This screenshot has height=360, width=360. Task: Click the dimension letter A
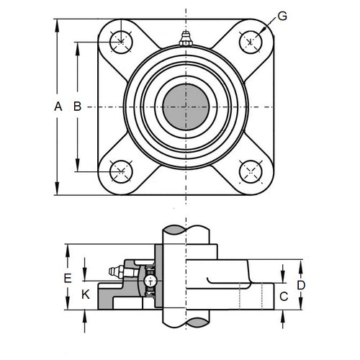58,107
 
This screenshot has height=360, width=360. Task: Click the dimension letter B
77,107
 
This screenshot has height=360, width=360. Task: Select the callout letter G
282,16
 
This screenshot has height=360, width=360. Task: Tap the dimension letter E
68,278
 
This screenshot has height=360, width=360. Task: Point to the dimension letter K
86,294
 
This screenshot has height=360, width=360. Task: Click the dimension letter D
301,285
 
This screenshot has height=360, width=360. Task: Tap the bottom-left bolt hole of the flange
121,171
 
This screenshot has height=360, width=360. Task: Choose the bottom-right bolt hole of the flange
250,171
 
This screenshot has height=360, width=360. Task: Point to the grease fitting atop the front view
186,39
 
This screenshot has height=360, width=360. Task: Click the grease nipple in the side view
113,271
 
